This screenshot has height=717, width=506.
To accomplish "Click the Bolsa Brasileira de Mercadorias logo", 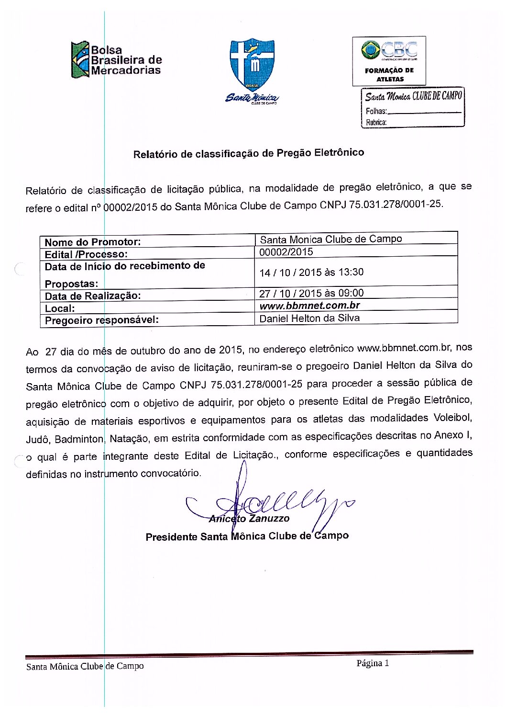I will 116,60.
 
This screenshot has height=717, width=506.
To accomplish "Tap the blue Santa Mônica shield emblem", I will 252,65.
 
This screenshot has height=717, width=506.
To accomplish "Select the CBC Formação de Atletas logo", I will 389,61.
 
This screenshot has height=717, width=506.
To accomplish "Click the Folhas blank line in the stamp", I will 424,112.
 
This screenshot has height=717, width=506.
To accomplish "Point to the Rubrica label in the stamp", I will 376,123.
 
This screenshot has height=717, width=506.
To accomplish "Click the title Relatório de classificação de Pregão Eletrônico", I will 249,154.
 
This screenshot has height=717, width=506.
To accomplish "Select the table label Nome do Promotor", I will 93,242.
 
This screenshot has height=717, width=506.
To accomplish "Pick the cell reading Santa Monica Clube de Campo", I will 331,239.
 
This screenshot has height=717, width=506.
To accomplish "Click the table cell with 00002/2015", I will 286,252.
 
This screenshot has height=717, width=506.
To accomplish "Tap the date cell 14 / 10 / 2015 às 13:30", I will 311,273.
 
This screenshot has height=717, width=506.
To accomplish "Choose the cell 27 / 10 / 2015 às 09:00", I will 311,293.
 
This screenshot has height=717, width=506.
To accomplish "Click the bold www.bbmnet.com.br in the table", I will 309,306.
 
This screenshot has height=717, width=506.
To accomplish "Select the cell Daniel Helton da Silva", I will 309,318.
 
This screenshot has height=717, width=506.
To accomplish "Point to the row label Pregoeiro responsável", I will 102,320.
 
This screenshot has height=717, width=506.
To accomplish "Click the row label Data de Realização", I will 93,296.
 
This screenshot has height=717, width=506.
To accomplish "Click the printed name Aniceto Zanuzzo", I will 249,519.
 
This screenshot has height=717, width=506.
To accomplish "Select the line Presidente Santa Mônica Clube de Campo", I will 247,536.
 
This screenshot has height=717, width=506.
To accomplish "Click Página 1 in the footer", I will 373,663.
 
